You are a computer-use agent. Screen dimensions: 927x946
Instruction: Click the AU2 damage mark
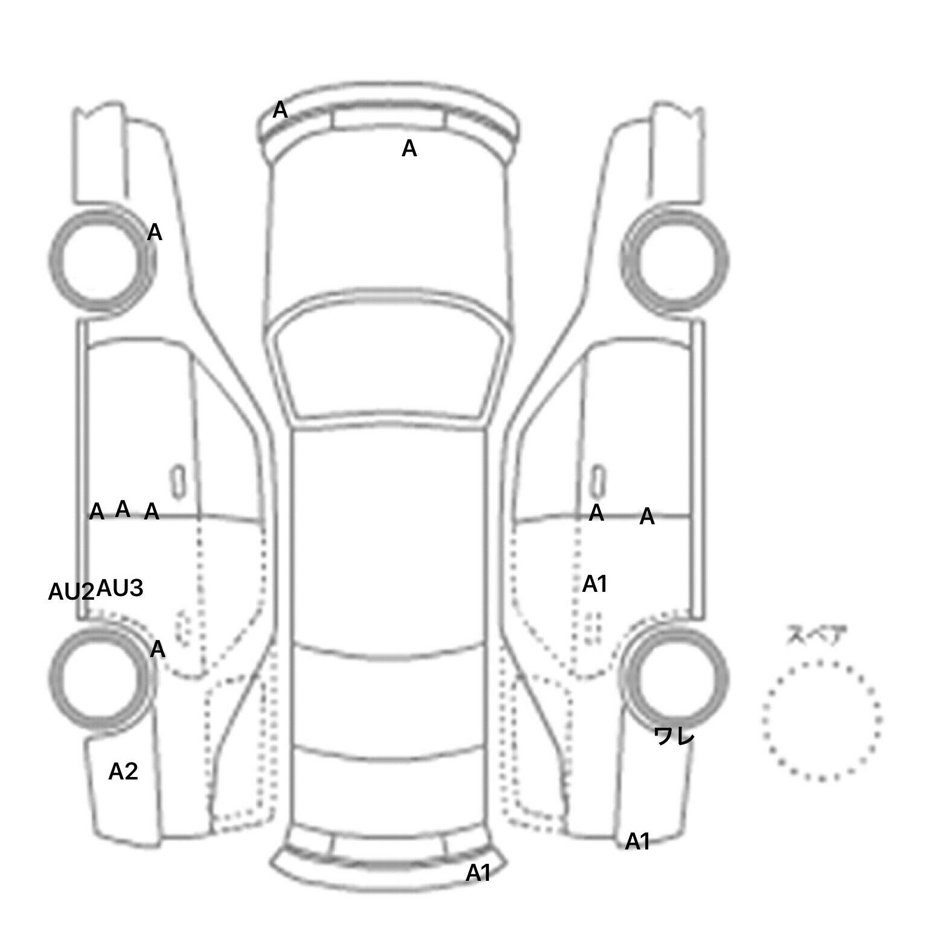point(71,592)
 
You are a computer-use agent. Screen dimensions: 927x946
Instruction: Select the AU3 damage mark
point(120,588)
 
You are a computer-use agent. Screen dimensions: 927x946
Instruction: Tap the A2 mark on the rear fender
point(123,772)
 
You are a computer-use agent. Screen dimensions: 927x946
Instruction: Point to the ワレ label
point(674,736)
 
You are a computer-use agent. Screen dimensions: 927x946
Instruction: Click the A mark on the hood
point(409,148)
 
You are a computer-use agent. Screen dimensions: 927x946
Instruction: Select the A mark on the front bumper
point(280,110)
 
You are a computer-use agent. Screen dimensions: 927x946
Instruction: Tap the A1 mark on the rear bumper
point(478,873)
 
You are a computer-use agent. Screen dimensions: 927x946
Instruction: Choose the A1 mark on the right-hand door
point(594,584)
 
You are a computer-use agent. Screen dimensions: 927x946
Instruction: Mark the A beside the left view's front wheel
point(154,232)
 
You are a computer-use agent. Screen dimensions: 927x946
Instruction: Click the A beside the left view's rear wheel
point(158,649)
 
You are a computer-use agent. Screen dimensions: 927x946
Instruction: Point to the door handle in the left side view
point(178,482)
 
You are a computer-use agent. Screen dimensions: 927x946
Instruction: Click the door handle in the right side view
point(597,482)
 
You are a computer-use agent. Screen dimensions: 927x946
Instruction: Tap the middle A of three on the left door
point(123,509)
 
